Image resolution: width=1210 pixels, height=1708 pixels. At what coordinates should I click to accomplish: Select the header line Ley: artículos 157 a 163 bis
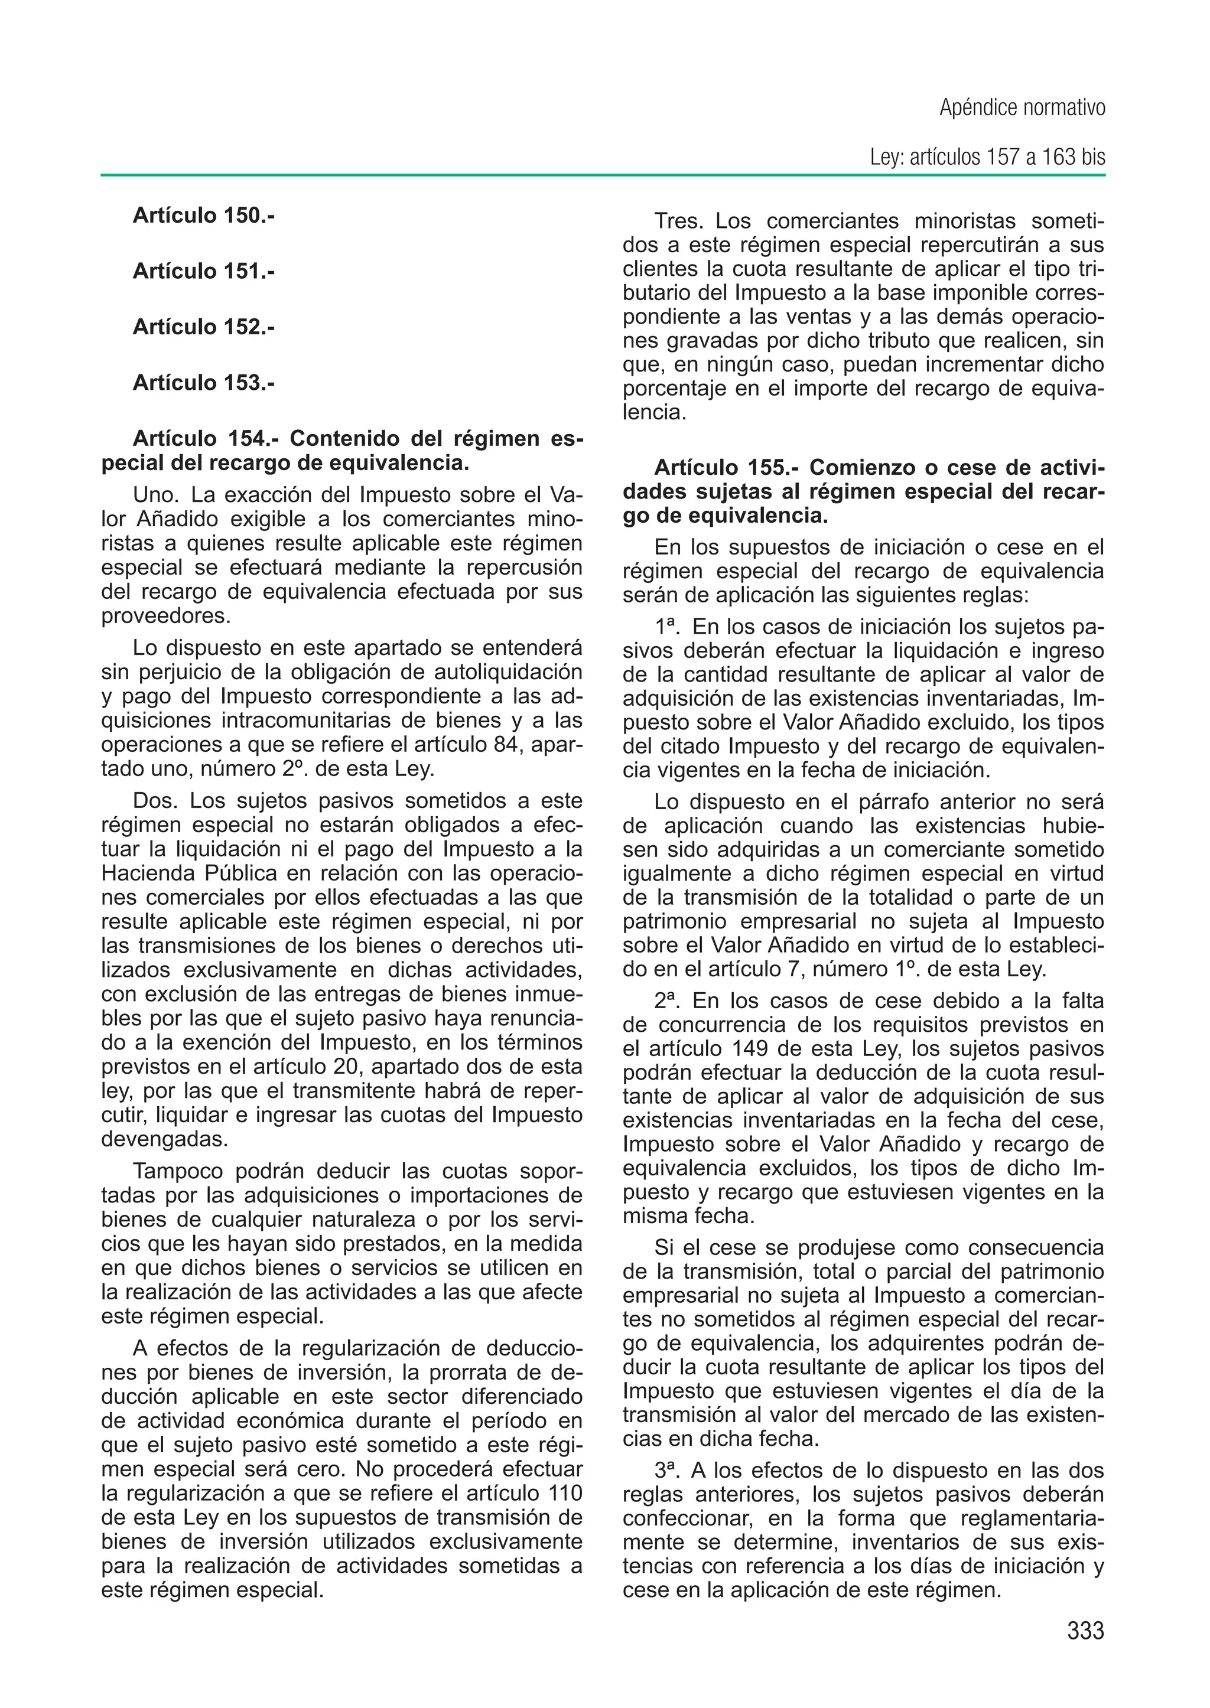pos(987,158)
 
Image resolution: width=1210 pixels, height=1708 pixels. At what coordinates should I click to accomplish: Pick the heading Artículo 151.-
pos(203,271)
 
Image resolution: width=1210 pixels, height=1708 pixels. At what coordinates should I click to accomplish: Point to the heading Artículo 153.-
pos(203,382)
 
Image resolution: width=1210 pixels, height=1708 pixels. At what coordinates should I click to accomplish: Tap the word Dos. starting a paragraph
pos(157,801)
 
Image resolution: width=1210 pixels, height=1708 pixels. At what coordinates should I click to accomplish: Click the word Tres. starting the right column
pos(679,221)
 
